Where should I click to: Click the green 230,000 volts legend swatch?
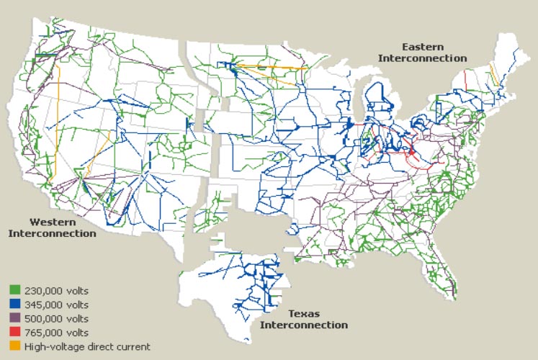(x=14, y=291)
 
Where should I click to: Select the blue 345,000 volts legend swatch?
(x=14, y=305)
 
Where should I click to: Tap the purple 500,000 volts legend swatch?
(x=14, y=318)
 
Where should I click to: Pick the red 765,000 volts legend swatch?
(x=14, y=333)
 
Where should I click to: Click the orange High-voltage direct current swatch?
(x=14, y=346)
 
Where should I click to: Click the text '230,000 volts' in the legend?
(x=55, y=291)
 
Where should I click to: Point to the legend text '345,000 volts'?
(x=55, y=305)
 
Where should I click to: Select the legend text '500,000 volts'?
(x=55, y=318)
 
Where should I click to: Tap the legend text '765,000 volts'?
(x=55, y=333)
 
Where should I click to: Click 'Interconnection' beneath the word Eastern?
(x=423, y=58)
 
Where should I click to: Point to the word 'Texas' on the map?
(x=304, y=314)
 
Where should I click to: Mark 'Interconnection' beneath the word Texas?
(x=303, y=325)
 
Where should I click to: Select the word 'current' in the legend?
(x=133, y=346)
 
